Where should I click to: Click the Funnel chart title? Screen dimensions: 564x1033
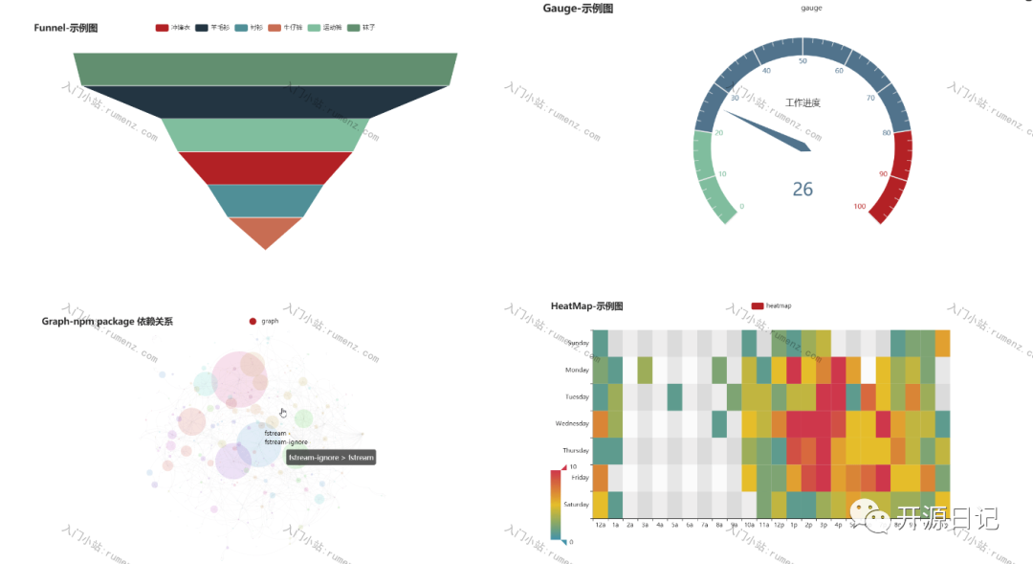click(x=66, y=29)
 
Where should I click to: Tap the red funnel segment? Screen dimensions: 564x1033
click(x=265, y=168)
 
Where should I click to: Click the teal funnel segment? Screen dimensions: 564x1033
click(x=265, y=200)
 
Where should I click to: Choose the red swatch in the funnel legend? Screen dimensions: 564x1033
click(x=162, y=28)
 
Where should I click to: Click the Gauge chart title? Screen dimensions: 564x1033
click(x=578, y=9)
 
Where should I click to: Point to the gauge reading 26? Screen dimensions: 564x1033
click(x=802, y=190)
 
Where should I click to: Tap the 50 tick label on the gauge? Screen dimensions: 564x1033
click(x=802, y=61)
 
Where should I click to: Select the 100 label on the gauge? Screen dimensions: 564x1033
click(x=860, y=207)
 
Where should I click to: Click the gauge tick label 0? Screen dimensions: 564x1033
click(x=742, y=207)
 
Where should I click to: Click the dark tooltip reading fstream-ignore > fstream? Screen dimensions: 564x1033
click(x=331, y=458)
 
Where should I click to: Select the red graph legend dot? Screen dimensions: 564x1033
click(x=253, y=322)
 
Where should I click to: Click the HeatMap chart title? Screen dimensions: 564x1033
click(x=586, y=306)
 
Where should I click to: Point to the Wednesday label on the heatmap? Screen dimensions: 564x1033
click(x=572, y=423)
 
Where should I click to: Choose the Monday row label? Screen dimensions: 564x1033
click(x=577, y=370)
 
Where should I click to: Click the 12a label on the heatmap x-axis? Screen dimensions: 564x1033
click(x=600, y=525)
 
